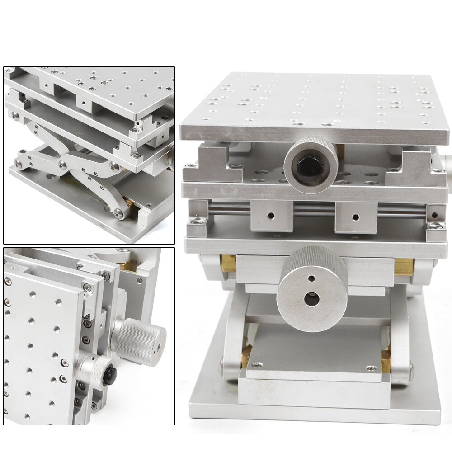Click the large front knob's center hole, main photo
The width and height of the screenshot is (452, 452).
point(309,299)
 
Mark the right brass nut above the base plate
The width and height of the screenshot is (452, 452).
point(386,358)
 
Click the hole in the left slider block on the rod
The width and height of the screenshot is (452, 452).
point(272,215)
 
